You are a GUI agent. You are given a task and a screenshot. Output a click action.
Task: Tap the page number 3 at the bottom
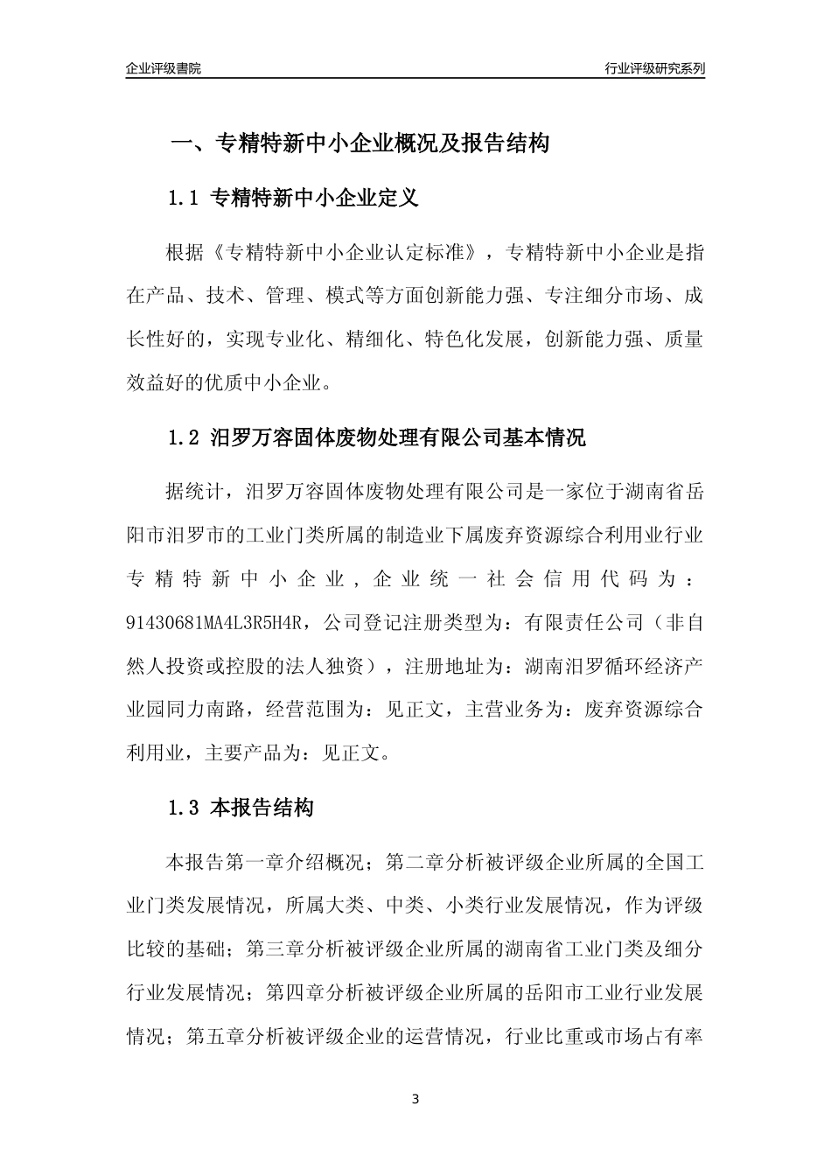tap(415, 1099)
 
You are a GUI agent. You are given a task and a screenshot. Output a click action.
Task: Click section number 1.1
tap(184, 199)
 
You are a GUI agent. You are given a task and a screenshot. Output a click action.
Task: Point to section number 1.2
tap(184, 437)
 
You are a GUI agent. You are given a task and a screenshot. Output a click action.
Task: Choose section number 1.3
tap(184, 808)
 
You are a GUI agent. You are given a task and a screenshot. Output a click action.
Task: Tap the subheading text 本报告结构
tap(262, 808)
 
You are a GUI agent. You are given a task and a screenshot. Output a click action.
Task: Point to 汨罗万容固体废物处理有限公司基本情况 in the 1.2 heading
tap(399, 437)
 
